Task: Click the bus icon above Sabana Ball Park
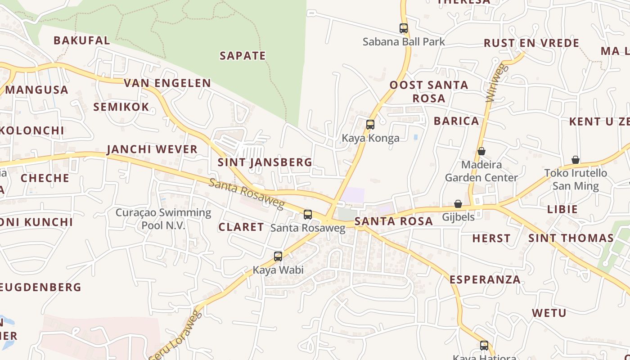pyautogui.click(x=404, y=28)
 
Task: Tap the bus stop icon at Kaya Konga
pyautogui.click(x=370, y=125)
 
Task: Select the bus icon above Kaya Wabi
pyautogui.click(x=278, y=256)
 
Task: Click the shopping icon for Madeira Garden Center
pyautogui.click(x=481, y=151)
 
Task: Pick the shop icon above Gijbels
pyautogui.click(x=458, y=204)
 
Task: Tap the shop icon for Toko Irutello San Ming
pyautogui.click(x=575, y=160)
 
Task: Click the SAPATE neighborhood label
pyautogui.click(x=243, y=56)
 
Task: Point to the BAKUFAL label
pyautogui.click(x=81, y=40)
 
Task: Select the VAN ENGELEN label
pyautogui.click(x=167, y=83)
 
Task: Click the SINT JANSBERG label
pyautogui.click(x=265, y=162)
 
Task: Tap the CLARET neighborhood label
pyautogui.click(x=241, y=227)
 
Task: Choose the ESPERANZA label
pyautogui.click(x=485, y=279)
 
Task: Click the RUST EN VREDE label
pyautogui.click(x=531, y=43)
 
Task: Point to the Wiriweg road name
pyautogui.click(x=496, y=83)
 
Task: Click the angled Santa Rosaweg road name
pyautogui.click(x=247, y=194)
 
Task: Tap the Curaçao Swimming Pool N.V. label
pyautogui.click(x=163, y=219)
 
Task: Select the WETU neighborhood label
pyautogui.click(x=549, y=313)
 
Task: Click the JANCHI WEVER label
pyautogui.click(x=152, y=149)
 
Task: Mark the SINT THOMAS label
pyautogui.click(x=571, y=238)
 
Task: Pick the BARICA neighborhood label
pyautogui.click(x=456, y=121)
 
